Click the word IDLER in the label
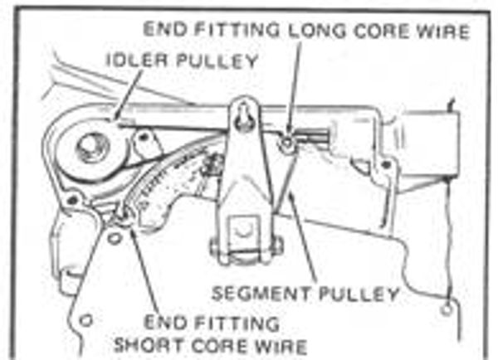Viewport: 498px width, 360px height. [137, 60]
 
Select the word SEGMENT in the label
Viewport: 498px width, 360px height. [261, 293]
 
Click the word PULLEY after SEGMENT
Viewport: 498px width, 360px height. [359, 294]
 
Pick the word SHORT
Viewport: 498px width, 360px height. [149, 345]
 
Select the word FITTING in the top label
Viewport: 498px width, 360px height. [237, 30]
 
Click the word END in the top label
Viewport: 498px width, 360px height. [165, 30]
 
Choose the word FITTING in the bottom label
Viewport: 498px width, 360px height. [237, 324]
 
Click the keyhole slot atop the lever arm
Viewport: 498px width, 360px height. [244, 116]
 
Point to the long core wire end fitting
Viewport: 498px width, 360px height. [287, 144]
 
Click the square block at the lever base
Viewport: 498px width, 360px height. [243, 232]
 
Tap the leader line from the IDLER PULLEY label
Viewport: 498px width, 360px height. [129, 95]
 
